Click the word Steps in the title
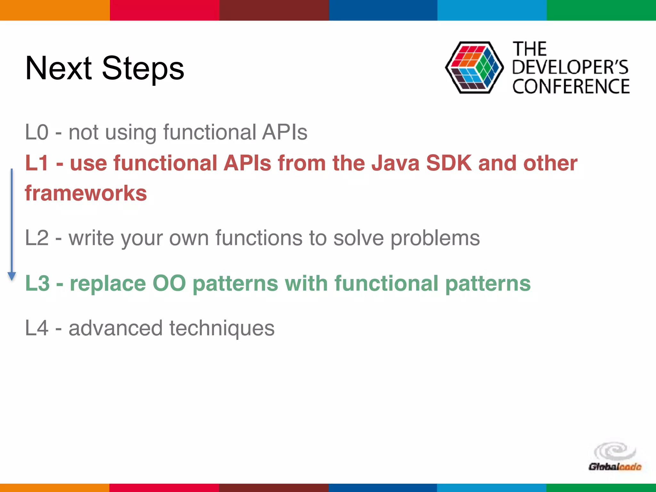coord(143,69)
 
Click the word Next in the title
coord(59,68)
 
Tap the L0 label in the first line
coord(37,132)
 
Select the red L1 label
coord(37,163)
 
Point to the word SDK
coord(449,163)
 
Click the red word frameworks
coord(86,193)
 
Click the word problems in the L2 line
coord(435,238)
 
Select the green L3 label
coord(37,283)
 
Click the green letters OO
coord(169,283)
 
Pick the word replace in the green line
coord(108,284)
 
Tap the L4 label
coord(37,328)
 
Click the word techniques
coord(222,329)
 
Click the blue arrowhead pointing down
coord(12,276)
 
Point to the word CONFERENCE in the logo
coord(571,86)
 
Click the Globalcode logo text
coord(614,467)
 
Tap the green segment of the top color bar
coord(601,10)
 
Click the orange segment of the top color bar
coord(54,10)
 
